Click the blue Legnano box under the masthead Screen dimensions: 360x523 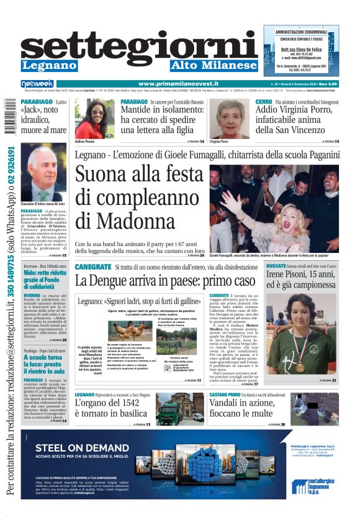pos(48,66)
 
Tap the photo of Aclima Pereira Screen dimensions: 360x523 pos(94,119)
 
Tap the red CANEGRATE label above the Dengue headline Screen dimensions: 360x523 pos(93,266)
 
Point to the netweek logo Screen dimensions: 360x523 pos(37,84)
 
